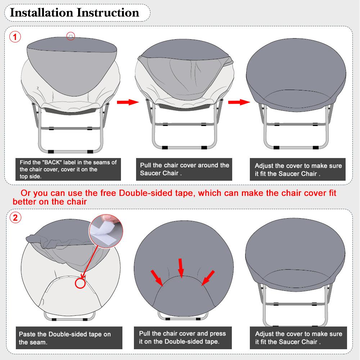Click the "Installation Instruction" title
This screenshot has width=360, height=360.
pos(74,13)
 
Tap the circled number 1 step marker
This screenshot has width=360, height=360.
pos(15,37)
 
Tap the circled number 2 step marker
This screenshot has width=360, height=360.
pos(15,217)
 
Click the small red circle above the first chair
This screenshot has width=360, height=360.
pos(71,36)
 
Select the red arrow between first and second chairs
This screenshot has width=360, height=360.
pos(128,103)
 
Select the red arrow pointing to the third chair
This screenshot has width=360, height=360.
pos(239,103)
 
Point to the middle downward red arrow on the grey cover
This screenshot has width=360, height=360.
pos(181,267)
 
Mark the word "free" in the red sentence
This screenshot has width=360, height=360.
pos(107,193)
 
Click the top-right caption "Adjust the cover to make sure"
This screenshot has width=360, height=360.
pos(298,169)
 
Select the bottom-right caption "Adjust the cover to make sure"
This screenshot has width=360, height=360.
pos(298,338)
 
